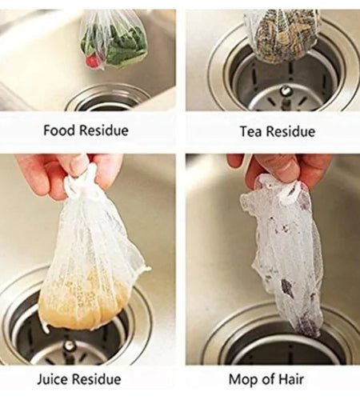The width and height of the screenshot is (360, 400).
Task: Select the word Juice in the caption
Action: (54, 379)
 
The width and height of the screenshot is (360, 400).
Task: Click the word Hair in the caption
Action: (296, 379)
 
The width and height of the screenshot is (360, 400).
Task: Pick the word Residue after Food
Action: (103, 130)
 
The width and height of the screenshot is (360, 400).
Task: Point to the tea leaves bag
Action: (281, 36)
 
